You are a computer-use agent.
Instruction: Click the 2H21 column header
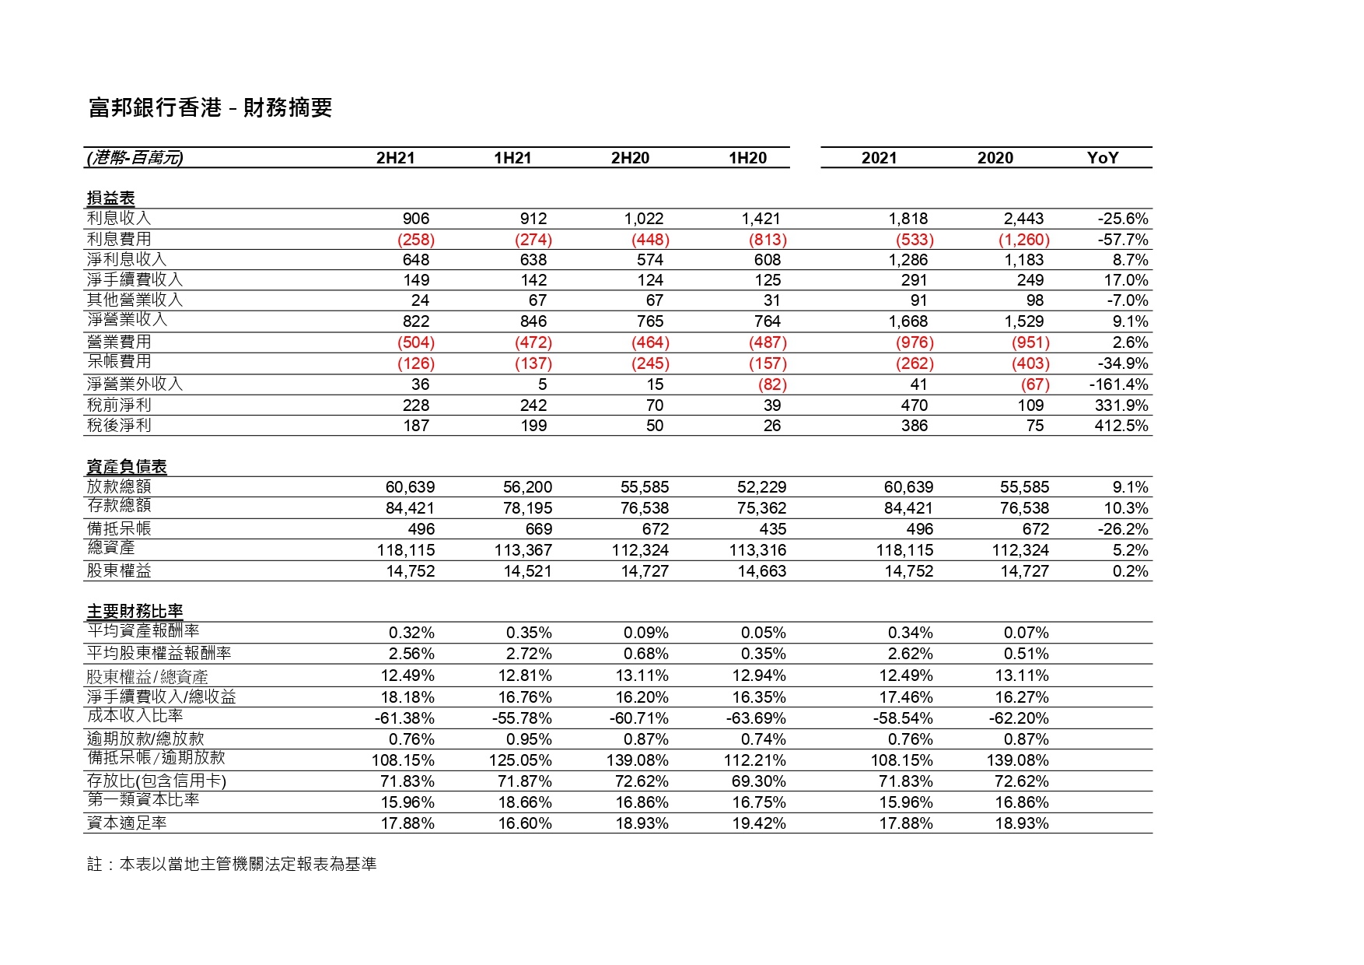click(x=395, y=158)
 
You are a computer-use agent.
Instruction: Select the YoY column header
click(x=1102, y=158)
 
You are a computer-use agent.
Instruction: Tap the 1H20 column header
click(x=747, y=158)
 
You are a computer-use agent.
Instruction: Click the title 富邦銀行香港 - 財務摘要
click(x=211, y=107)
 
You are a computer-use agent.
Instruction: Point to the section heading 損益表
click(x=110, y=198)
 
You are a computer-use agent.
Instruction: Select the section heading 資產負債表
click(x=127, y=467)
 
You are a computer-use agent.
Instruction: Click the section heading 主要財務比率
click(x=135, y=611)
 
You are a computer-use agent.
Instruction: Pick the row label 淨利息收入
click(x=127, y=259)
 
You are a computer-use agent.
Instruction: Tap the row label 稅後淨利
click(x=119, y=425)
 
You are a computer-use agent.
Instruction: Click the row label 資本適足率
click(x=127, y=823)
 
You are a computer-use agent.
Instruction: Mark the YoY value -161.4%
click(x=1118, y=384)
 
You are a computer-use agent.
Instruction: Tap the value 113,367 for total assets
click(x=523, y=550)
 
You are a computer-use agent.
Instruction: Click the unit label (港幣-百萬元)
click(x=135, y=158)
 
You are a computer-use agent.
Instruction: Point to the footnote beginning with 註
click(x=232, y=864)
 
